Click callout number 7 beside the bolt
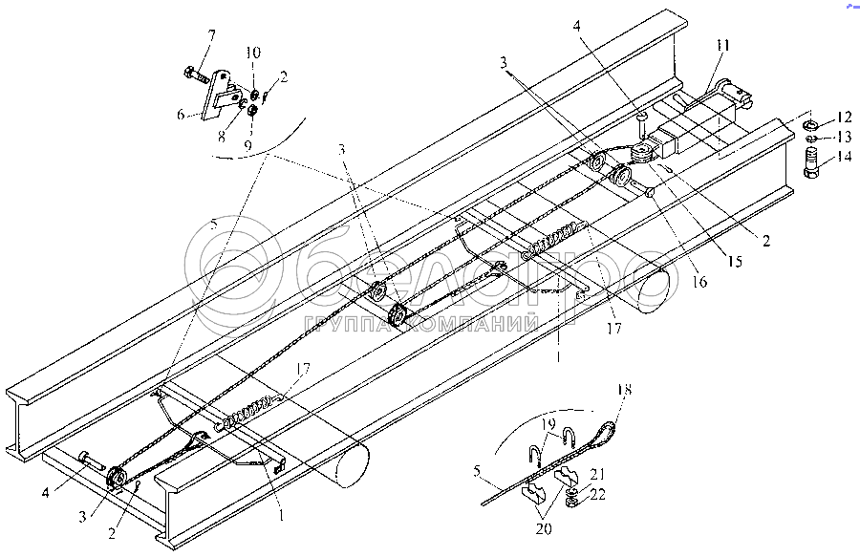[x=211, y=35]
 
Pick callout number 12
[x=843, y=118]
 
